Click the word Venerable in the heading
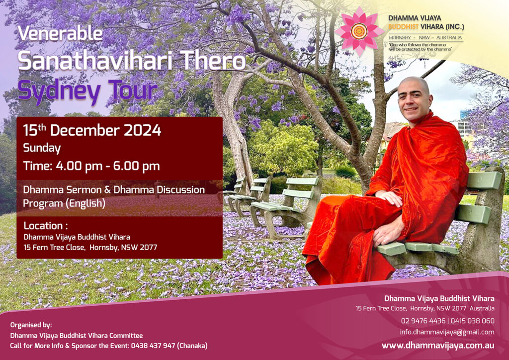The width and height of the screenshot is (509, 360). tap(60, 33)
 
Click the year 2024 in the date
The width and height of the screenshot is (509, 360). tap(142, 130)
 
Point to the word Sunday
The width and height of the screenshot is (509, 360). tap(42, 148)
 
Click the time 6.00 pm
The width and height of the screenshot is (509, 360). tap(136, 166)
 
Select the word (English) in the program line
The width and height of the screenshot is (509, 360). tap(85, 203)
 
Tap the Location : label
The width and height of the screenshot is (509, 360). tap(46, 226)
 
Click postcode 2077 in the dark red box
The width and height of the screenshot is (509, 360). tap(148, 247)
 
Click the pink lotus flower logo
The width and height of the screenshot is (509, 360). tap(359, 31)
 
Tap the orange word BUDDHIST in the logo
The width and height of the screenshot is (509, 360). tap(403, 27)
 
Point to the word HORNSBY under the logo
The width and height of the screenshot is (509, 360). tap(400, 38)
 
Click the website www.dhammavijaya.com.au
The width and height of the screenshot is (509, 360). tap(438, 346)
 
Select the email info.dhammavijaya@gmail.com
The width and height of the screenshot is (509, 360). tap(447, 332)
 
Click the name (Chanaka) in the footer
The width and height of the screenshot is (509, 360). tap(192, 346)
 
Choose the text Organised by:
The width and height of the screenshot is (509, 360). tap(31, 325)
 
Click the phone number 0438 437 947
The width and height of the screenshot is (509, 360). tap(153, 346)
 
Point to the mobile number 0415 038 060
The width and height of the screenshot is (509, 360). tap(473, 321)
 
